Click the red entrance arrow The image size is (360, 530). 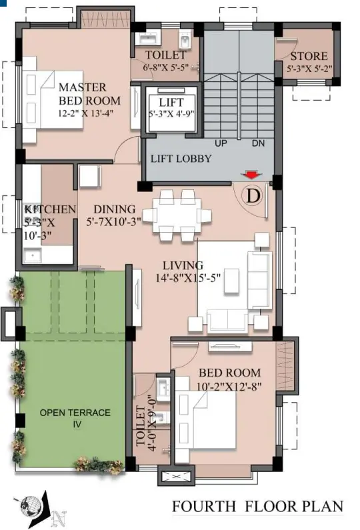click(x=251, y=175)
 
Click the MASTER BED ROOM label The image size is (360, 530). click(x=89, y=94)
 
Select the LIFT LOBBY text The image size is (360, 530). click(x=181, y=159)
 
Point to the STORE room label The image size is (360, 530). click(x=309, y=56)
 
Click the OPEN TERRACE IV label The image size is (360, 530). click(x=75, y=418)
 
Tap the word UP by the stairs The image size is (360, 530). click(x=221, y=143)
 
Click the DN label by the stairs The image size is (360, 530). click(x=258, y=143)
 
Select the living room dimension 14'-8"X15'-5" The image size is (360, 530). click(x=188, y=278)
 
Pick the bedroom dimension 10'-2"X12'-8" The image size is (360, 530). click(x=229, y=386)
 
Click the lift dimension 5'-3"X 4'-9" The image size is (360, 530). click(x=171, y=113)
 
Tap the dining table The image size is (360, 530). click(x=177, y=215)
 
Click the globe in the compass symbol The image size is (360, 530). click(x=31, y=507)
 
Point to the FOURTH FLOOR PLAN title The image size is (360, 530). click(x=257, y=507)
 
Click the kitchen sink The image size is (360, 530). click(x=33, y=255)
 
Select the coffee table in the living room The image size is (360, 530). click(x=232, y=281)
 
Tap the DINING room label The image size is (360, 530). click(x=114, y=209)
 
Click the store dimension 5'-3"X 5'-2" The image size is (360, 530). click(x=309, y=69)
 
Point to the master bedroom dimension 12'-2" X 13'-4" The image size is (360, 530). click(x=85, y=113)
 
